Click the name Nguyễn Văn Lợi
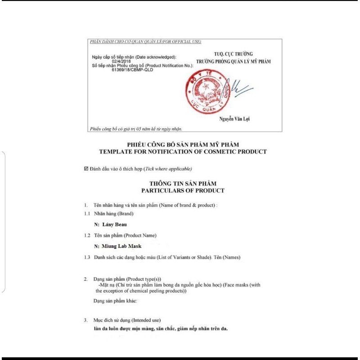click(234, 119)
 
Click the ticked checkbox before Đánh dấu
click(86, 169)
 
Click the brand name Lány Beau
click(107, 224)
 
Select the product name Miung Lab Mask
click(118, 246)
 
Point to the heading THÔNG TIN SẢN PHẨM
click(183, 184)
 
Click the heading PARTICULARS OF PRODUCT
click(183, 190)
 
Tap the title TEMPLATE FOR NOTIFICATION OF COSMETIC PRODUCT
click(183, 152)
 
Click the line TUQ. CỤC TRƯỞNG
click(233, 54)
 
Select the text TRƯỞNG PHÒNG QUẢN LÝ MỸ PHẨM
click(233, 61)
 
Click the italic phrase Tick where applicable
click(168, 169)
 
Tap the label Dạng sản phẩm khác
click(115, 301)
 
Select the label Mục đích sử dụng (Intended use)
click(127, 320)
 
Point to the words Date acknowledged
click(156, 57)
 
